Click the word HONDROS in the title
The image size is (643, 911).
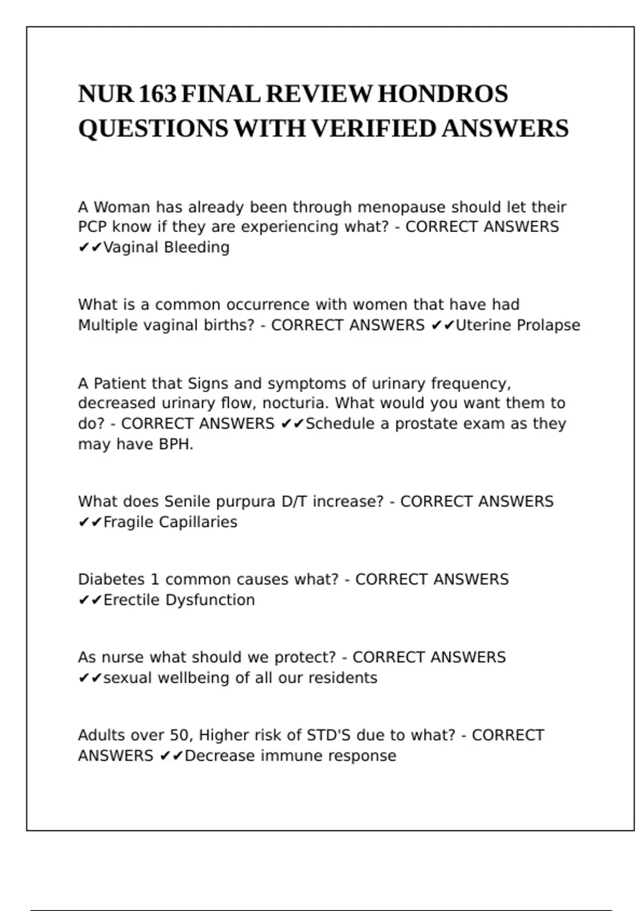(x=443, y=94)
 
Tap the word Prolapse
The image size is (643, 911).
(x=549, y=325)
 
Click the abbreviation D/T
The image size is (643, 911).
(x=294, y=502)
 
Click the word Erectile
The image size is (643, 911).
(x=132, y=600)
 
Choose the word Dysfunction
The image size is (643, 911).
(x=210, y=600)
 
